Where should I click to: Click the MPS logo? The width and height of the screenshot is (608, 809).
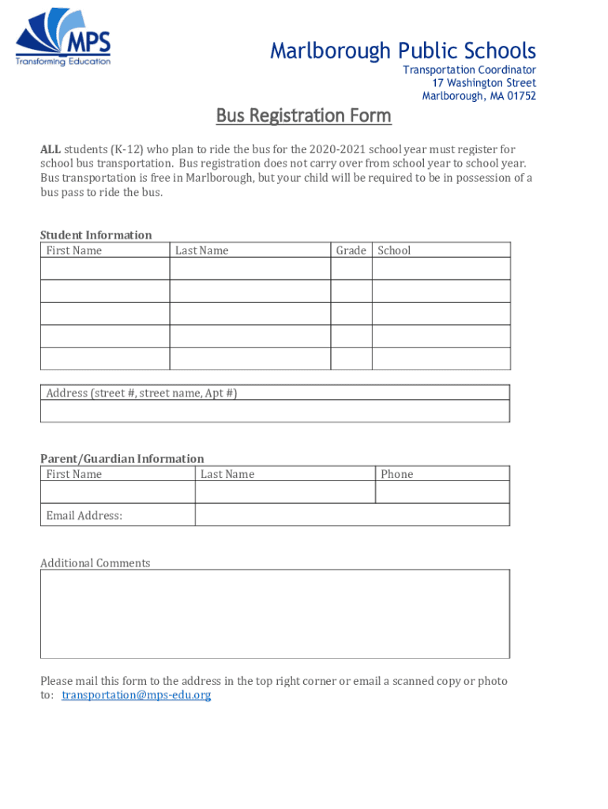(64, 38)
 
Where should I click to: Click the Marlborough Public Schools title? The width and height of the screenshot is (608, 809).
(403, 51)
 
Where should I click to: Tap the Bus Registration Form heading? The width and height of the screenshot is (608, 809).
(304, 116)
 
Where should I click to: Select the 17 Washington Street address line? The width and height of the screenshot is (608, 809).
(483, 83)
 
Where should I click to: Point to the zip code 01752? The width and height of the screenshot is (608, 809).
(521, 96)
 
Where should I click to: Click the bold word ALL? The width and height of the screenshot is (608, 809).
(51, 150)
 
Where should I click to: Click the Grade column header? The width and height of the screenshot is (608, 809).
(351, 250)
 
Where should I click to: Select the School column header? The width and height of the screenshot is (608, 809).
(394, 250)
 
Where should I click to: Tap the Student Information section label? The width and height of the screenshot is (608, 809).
(96, 235)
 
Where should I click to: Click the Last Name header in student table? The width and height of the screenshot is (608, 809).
(201, 250)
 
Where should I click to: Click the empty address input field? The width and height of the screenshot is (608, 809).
(275, 411)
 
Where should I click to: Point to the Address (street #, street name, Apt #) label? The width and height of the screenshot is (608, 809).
(141, 393)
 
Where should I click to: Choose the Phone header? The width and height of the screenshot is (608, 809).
(396, 474)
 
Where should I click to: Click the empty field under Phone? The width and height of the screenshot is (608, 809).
(441, 492)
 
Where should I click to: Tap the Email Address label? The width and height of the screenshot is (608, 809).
(84, 516)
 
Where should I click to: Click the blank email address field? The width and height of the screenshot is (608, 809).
(351, 514)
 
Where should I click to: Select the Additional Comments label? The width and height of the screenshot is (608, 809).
(95, 563)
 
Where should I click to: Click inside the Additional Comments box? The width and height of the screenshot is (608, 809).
(275, 614)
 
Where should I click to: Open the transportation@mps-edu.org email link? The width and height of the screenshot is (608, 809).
(136, 695)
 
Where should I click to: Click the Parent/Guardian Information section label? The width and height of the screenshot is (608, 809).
(122, 458)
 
